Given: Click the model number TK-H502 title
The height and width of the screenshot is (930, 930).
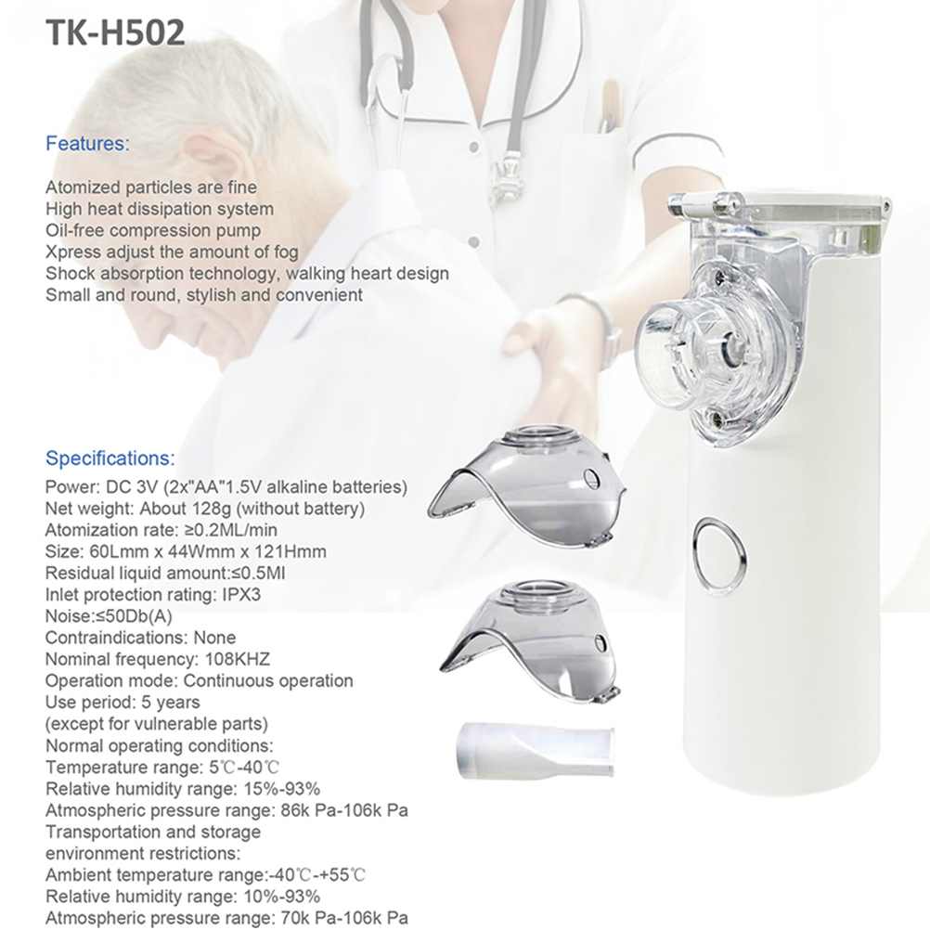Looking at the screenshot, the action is click(115, 32).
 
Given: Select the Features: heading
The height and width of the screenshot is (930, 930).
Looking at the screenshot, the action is click(87, 144).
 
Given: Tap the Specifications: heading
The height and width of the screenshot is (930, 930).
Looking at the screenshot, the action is click(110, 459).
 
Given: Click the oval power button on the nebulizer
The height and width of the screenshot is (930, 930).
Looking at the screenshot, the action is click(719, 557).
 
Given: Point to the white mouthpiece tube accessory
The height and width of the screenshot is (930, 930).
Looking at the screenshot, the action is click(536, 750).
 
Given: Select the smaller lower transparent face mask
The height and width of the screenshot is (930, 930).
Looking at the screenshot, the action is click(531, 641).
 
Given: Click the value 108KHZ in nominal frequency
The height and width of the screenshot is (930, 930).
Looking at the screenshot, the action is click(238, 659).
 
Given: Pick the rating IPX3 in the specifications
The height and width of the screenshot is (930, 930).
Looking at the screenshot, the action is click(241, 594).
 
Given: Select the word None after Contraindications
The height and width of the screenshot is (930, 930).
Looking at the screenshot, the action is click(214, 638).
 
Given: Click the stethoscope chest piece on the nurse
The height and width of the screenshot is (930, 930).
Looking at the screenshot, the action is click(506, 175).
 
